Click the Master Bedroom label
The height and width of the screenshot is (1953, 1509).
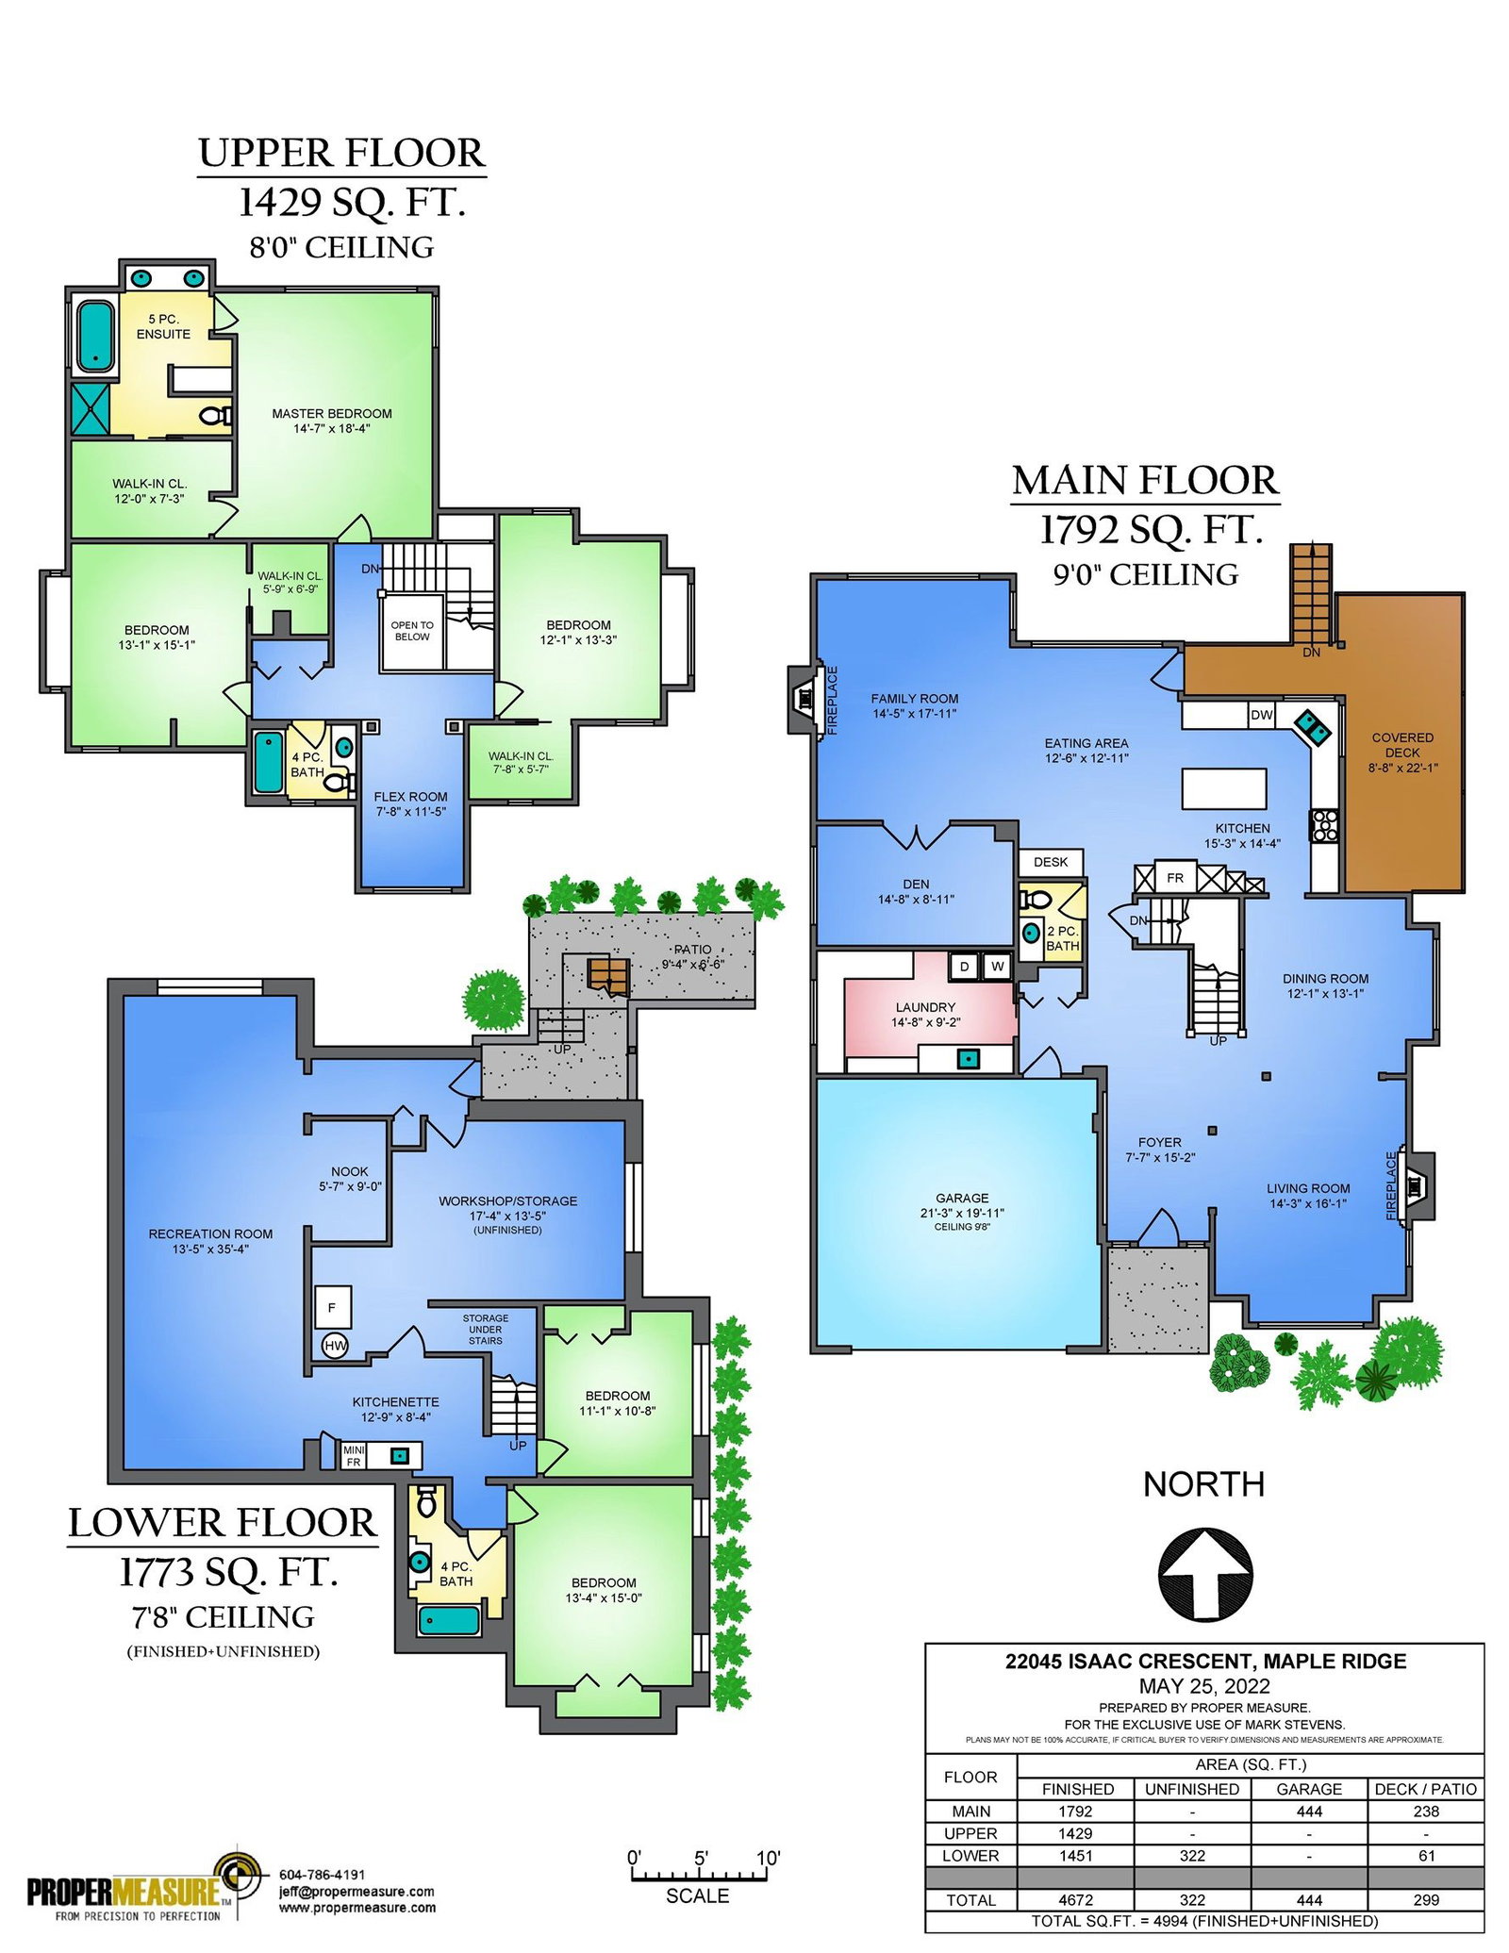tap(332, 421)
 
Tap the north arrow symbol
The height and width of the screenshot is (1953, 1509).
tap(1204, 1574)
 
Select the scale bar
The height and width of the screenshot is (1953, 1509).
tap(699, 1877)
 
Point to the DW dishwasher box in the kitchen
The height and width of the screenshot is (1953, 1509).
tap(1261, 715)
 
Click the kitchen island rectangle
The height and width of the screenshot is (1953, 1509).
tap(1223, 788)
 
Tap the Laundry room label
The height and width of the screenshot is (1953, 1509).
tap(925, 1015)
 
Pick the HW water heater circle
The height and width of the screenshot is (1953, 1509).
tap(335, 1347)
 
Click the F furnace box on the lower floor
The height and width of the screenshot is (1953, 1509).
tap(332, 1307)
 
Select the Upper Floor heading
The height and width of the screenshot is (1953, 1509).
tap(341, 153)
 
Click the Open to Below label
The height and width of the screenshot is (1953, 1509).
tap(412, 631)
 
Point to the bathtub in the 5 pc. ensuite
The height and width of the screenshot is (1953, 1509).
tap(94, 335)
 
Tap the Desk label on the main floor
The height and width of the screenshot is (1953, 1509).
tap(1051, 862)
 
